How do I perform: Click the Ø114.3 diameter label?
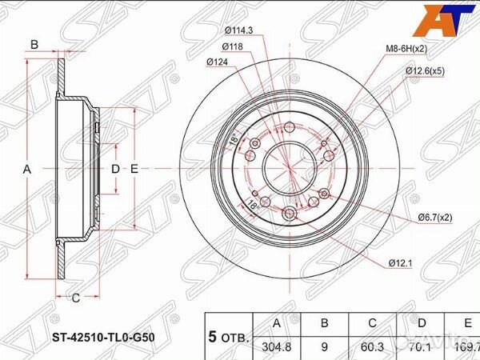[238, 31]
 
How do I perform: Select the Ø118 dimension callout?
[233, 46]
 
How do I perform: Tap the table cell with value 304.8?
[277, 346]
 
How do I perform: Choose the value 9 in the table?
[323, 346]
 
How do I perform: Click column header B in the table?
[323, 323]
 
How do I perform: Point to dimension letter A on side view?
[26, 169]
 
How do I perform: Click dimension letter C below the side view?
[75, 299]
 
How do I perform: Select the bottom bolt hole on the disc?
[289, 212]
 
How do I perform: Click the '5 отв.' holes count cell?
[229, 335]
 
